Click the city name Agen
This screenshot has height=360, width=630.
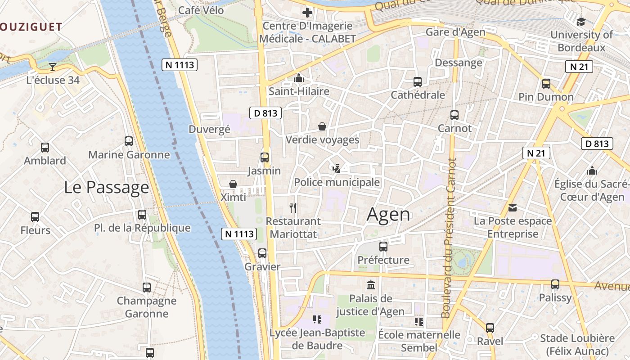389,215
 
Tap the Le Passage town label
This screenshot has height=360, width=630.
106,187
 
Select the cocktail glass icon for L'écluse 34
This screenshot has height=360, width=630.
53,67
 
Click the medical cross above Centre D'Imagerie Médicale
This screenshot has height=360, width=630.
307,13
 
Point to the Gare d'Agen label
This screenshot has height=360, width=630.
455,32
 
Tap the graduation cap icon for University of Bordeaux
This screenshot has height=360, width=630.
581,22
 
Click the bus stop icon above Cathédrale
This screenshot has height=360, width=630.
418,82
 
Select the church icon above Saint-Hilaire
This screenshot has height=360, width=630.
298,78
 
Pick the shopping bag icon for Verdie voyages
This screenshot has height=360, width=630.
322,126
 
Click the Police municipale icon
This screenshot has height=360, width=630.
336,169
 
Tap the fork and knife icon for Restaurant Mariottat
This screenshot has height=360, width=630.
293,207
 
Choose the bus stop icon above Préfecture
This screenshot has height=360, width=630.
383,247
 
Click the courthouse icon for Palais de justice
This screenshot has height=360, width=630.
371,285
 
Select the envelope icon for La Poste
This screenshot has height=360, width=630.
513,207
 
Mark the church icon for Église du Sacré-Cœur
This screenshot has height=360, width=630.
592,171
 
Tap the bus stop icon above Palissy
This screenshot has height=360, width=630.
555,284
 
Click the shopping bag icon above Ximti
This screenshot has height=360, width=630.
233,184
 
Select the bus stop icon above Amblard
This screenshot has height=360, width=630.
45,147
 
